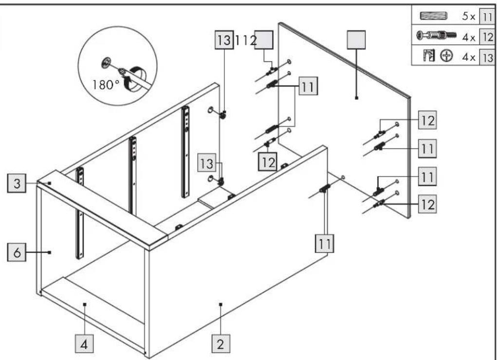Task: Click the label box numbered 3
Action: coord(17,183)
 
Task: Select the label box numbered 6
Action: coord(17,252)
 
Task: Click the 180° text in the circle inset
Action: coord(106,85)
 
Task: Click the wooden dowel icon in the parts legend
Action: coord(433,16)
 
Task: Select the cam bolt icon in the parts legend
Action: coord(437,35)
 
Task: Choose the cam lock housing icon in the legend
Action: coord(429,56)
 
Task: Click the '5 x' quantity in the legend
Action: coord(468,16)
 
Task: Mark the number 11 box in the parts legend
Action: coord(486,16)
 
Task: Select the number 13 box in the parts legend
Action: coord(487,57)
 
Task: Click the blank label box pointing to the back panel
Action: coord(356,39)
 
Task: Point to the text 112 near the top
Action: coord(245,40)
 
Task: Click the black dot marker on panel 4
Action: coord(85,304)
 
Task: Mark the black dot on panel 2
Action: coord(221,304)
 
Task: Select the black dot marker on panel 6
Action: coord(50,252)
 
